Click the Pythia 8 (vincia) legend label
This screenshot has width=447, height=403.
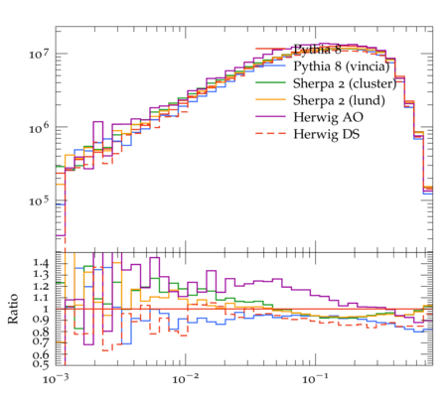click(x=342, y=67)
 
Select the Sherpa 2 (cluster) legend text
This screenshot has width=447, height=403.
click(x=345, y=83)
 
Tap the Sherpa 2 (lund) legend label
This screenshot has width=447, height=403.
click(x=339, y=100)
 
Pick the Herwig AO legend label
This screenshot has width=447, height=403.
click(x=328, y=117)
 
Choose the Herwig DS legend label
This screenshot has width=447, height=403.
click(x=327, y=134)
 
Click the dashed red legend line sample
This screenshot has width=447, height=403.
click(x=270, y=133)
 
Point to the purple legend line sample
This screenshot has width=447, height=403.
click(x=270, y=116)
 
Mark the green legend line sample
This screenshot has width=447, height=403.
click(x=270, y=82)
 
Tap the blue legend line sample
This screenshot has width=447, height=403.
click(x=270, y=66)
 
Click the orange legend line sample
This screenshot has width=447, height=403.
click(x=270, y=99)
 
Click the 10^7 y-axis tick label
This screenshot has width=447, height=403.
click(x=39, y=53)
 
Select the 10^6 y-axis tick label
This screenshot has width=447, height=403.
click(x=39, y=127)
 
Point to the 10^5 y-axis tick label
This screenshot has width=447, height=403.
click(x=39, y=201)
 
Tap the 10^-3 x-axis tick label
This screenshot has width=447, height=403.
click(x=56, y=378)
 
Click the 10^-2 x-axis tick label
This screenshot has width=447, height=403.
click(x=185, y=378)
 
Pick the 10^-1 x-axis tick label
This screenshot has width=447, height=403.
click(x=315, y=378)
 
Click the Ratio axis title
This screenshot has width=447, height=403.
click(x=13, y=309)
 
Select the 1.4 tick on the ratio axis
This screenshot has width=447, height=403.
click(x=41, y=263)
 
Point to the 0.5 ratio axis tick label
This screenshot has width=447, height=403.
click(x=41, y=364)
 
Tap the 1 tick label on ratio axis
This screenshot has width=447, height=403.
click(x=46, y=309)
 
